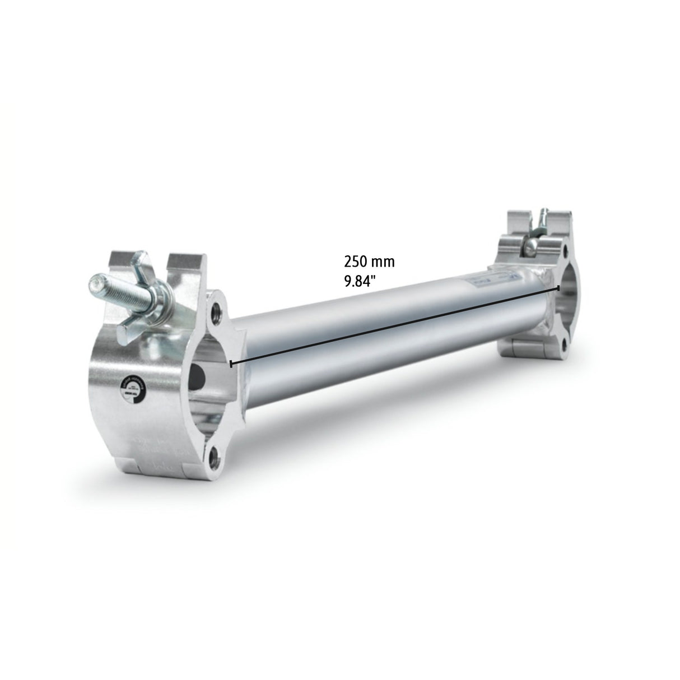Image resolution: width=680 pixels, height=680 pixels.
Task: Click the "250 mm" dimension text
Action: pyautogui.click(x=369, y=261)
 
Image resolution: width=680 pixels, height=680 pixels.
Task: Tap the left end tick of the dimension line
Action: pyautogui.click(x=231, y=364)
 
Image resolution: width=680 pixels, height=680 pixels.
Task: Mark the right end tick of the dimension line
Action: pyautogui.click(x=558, y=287)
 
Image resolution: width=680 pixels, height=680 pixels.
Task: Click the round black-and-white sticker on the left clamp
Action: pyautogui.click(x=133, y=389)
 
